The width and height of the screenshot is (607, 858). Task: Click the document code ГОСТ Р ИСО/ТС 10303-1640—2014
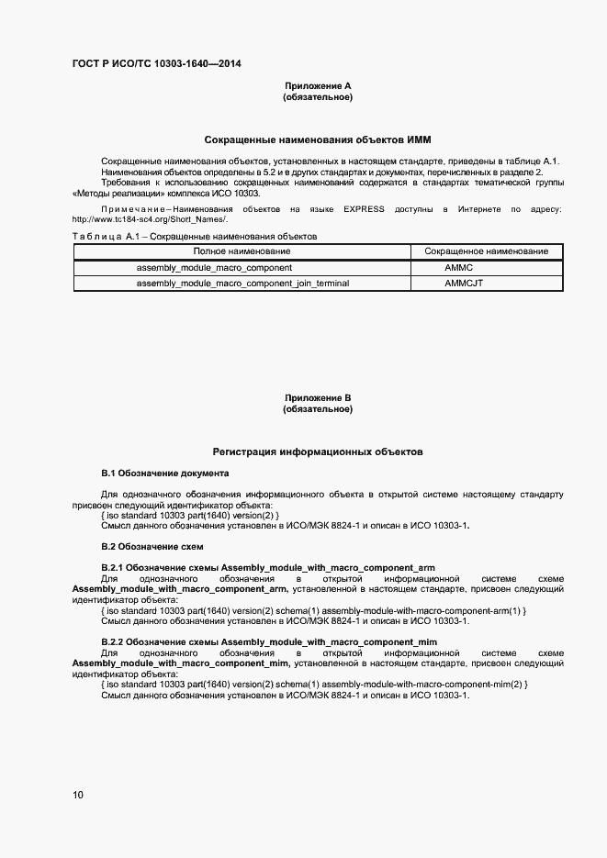point(157,63)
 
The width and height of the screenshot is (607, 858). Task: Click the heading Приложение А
point(318,86)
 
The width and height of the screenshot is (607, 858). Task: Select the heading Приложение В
point(318,398)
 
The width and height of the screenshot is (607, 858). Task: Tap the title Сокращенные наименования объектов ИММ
point(318,139)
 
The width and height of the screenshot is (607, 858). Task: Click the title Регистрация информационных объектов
point(318,451)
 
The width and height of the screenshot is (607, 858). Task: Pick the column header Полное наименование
point(242,251)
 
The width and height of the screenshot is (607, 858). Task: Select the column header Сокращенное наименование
point(487,251)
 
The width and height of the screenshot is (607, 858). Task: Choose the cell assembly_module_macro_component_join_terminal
point(242,284)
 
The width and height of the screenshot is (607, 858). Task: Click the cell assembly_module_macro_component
point(214,268)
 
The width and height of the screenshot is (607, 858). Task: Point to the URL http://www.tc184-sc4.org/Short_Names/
point(149,219)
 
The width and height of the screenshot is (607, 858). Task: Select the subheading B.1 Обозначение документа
point(164,474)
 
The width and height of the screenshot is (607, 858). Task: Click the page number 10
point(77,795)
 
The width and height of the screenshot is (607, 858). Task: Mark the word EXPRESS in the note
point(365,209)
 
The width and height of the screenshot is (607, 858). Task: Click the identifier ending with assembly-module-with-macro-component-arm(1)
point(312,610)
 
